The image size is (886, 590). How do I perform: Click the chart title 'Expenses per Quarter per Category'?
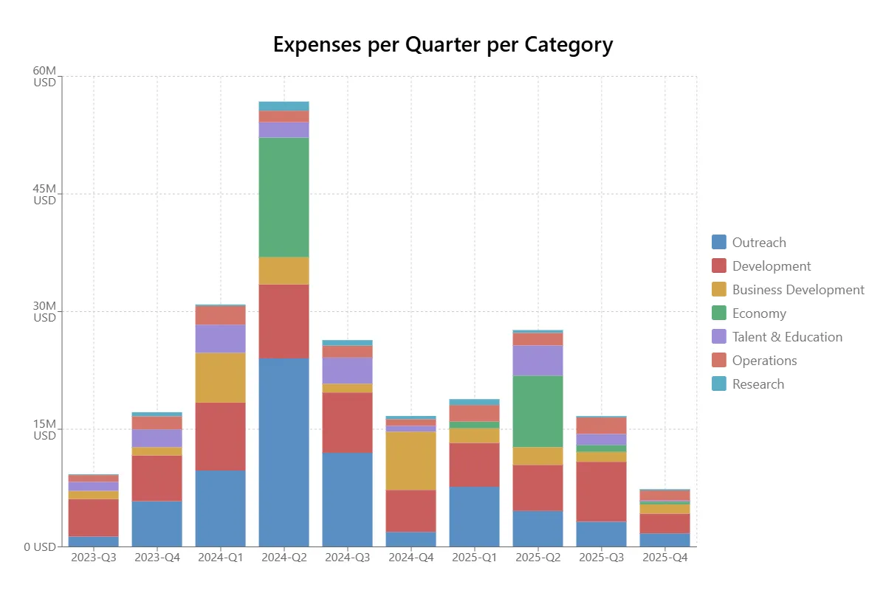(443, 45)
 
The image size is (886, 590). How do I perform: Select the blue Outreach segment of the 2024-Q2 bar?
(284, 452)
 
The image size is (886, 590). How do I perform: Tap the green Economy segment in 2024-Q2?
(284, 197)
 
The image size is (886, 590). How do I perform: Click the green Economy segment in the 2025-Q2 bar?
(538, 412)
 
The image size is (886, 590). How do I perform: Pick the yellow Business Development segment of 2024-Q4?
(411, 460)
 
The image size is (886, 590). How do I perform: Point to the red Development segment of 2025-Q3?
(601, 491)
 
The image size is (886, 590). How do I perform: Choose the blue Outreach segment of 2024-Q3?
(347, 499)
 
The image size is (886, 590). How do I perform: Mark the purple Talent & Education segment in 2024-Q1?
(220, 339)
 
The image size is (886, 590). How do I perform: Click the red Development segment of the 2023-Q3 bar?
(93, 517)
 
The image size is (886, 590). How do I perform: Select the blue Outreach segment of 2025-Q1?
(474, 516)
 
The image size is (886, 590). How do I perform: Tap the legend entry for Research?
(758, 384)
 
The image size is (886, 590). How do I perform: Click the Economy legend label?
(759, 313)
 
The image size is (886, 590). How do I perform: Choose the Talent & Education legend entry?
(787, 337)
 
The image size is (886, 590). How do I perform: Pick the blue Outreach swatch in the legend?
(719, 243)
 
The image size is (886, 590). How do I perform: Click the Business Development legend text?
(798, 290)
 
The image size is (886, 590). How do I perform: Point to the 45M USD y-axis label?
(44, 194)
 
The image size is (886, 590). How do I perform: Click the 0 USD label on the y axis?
(40, 546)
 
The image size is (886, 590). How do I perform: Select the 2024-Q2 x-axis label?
(284, 558)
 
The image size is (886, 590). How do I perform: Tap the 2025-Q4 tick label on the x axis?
(664, 558)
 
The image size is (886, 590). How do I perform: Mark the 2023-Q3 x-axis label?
(93, 558)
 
